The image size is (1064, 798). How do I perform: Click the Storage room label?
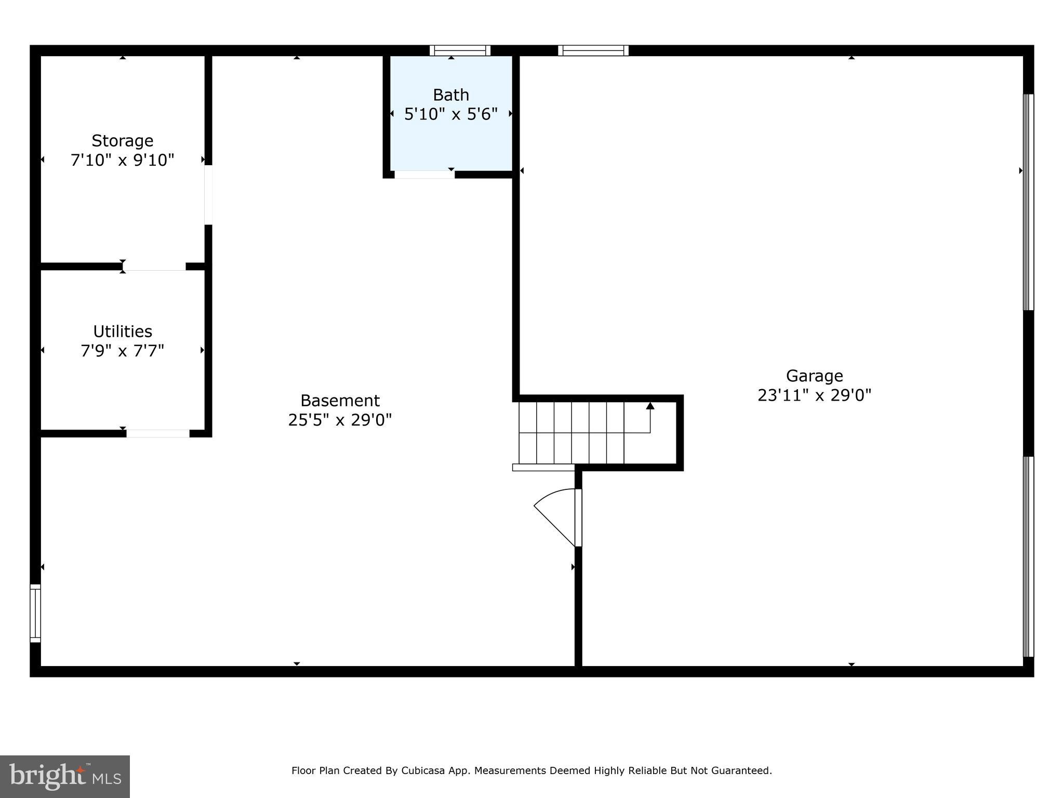coord(122,141)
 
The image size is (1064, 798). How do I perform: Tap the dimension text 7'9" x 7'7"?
coord(122,351)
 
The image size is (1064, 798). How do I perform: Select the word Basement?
coord(340,401)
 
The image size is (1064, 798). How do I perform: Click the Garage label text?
coord(814,376)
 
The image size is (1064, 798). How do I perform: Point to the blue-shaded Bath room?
coord(451,140)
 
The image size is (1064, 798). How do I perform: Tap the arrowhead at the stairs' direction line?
coord(650,406)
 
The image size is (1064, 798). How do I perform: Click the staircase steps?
coord(571,432)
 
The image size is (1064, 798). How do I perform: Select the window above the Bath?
coord(460,50)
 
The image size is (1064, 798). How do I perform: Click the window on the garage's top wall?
coord(593,50)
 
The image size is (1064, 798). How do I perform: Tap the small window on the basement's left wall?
coord(35,613)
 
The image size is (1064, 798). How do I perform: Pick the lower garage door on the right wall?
coord(1028,556)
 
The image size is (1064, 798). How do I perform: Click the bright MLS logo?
coord(65,776)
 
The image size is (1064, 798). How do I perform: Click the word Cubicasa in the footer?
coord(422,770)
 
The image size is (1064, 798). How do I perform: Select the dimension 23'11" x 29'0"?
coord(814,395)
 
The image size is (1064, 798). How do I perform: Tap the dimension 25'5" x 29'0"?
coord(340,420)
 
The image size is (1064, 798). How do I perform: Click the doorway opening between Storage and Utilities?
coord(154,267)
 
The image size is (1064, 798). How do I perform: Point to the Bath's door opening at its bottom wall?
coord(424,175)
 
